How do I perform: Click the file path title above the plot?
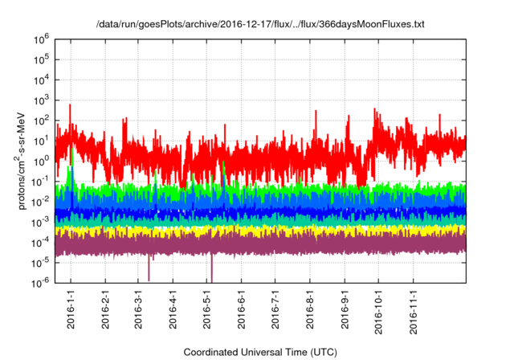257,24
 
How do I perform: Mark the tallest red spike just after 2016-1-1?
70,105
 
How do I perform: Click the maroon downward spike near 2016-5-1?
211,269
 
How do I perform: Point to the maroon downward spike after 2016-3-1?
149,269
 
